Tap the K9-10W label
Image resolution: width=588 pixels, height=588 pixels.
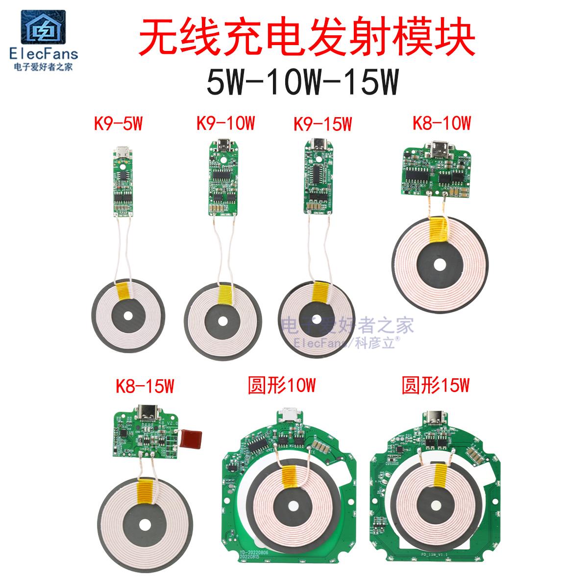[x=225, y=123]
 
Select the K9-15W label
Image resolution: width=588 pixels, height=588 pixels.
[x=322, y=124]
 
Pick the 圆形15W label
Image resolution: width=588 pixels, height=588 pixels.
[x=436, y=386]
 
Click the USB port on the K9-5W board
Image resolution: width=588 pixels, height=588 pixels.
[x=120, y=152]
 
